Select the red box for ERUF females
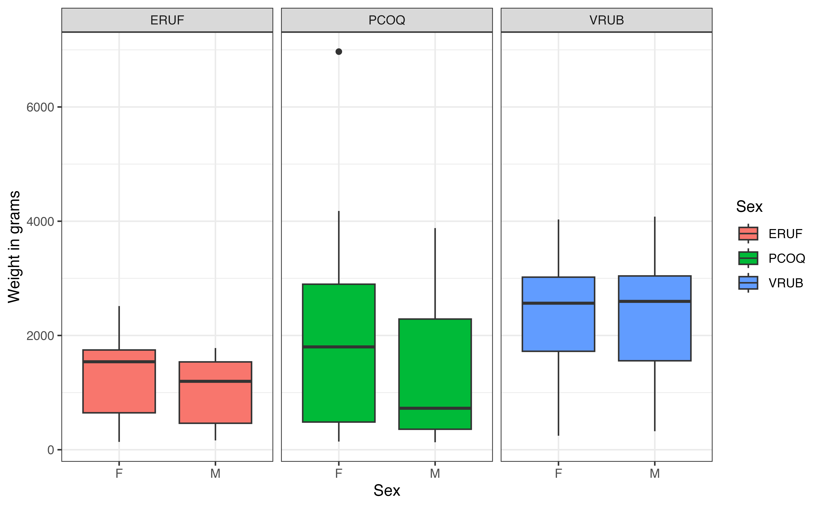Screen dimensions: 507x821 tap(119, 386)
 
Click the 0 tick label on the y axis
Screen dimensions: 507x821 tap(51, 450)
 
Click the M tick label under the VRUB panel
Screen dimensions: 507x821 tap(655, 473)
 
